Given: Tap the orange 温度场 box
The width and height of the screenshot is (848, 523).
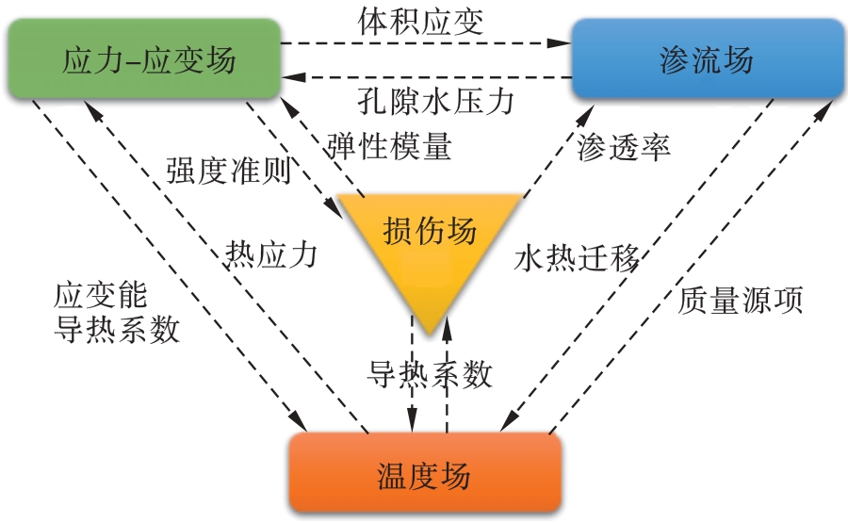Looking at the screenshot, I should coord(424,474).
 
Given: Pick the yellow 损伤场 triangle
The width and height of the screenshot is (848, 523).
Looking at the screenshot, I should coord(430,236).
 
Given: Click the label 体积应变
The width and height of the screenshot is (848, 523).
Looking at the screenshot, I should coord(421,21).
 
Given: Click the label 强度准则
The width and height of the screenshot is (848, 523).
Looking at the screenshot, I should coord(227,172).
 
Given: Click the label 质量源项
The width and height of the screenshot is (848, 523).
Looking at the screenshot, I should coord(741,300).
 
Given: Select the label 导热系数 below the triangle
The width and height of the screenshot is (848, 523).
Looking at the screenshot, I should coord(430,374).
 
